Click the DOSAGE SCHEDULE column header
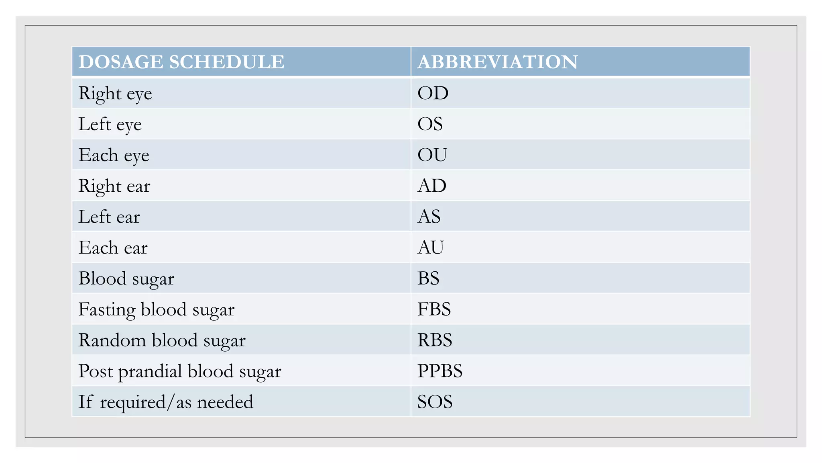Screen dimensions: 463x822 [181, 62]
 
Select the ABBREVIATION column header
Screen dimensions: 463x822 [497, 62]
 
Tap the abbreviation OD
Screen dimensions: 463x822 [433, 93]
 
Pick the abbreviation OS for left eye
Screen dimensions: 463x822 [430, 124]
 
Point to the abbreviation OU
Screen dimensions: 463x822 [432, 155]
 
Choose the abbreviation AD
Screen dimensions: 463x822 [432, 186]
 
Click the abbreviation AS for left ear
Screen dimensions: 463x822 [429, 217]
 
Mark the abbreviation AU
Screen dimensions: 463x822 [431, 247]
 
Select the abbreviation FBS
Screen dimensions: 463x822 [434, 309]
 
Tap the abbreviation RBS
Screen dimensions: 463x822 [435, 340]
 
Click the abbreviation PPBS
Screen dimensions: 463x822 [440, 371]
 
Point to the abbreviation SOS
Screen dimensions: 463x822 [435, 402]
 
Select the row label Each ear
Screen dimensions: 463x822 [113, 248]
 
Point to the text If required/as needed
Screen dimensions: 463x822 [166, 402]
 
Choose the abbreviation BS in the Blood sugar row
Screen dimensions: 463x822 [428, 278]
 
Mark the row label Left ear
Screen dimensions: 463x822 [109, 217]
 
